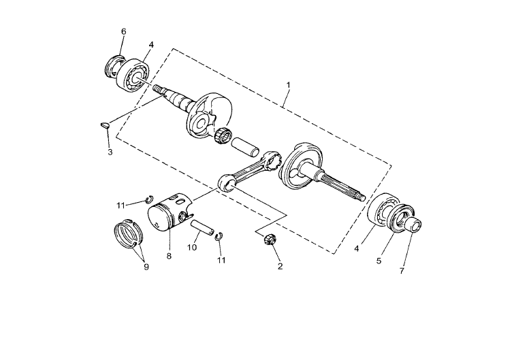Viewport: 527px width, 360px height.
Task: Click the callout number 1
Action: pos(288,85)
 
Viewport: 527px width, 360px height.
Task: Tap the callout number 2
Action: pos(280,266)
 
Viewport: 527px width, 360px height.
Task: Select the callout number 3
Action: pos(110,152)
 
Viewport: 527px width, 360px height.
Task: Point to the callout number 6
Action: pos(124,31)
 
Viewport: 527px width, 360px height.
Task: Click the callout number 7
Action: pos(402,271)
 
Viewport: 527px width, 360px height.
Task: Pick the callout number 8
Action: pos(169,257)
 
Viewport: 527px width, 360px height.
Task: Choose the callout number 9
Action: pos(146,267)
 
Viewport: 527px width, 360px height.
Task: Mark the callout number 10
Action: pos(192,248)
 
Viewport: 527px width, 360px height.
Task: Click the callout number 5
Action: pos(379,261)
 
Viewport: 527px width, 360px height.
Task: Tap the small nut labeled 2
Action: pos(268,240)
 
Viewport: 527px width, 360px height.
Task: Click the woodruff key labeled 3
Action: pos(105,126)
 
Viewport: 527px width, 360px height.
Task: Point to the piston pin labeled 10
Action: pos(202,227)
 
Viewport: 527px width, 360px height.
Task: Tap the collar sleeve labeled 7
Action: pos(414,225)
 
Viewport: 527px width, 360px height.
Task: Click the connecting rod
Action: pos(249,171)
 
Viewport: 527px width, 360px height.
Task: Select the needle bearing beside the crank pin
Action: pos(223,136)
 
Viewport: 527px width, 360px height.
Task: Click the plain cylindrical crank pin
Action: pos(245,146)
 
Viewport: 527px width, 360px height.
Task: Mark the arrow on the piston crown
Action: pos(157,224)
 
